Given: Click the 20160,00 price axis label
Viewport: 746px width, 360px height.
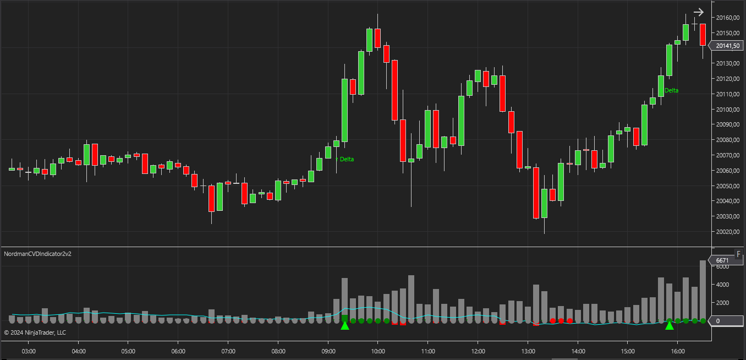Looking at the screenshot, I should point(727,18).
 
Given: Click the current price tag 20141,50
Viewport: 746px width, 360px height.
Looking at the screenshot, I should point(727,46).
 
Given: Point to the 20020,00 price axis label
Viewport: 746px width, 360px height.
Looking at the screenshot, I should point(727,232).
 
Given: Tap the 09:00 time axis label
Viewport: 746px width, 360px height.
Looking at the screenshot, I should point(328,351).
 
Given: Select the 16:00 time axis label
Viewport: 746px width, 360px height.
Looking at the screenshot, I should point(678,351).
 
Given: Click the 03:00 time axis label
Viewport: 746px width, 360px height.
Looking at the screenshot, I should point(29,351).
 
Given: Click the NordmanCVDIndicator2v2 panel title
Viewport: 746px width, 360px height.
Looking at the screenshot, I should point(38,254).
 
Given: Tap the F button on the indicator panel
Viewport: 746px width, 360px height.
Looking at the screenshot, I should point(738,254).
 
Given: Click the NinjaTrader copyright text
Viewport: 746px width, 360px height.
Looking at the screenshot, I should point(35,332).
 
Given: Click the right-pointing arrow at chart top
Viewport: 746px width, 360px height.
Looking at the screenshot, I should point(699,12).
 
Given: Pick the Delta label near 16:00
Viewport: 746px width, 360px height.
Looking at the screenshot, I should point(672,90).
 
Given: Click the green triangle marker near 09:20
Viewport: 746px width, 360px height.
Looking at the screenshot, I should point(345,326).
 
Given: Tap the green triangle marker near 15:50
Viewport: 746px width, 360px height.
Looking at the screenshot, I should point(670,326).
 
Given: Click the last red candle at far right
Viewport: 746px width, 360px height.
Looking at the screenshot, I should point(703,34).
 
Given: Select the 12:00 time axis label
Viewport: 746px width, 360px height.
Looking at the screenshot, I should point(478,351).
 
